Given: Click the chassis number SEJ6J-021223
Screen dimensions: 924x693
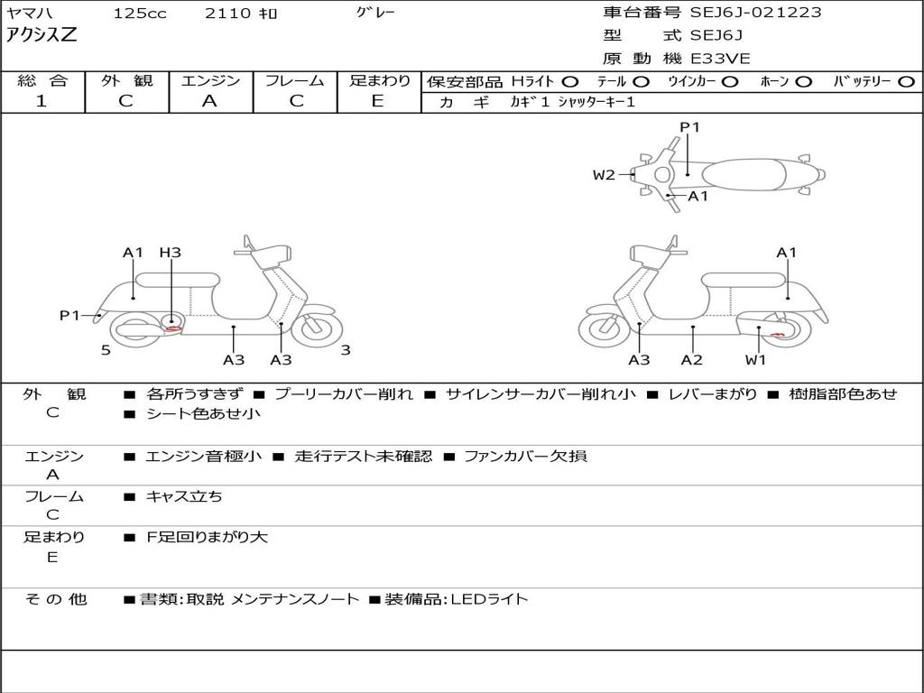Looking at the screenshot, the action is pos(756,13).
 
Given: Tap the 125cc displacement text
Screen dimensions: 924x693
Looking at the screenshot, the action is pos(139,14).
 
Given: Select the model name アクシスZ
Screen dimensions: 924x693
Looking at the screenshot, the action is pos(42,36).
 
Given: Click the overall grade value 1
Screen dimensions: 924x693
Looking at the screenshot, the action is pos(41,101).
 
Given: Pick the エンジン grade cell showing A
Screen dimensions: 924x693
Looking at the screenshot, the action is pos(209,101).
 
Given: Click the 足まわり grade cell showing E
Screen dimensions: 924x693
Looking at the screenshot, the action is pos(378,101).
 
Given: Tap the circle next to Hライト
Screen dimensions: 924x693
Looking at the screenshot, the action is pos(570,81).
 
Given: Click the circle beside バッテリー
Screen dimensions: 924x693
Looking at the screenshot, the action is pos(906,81).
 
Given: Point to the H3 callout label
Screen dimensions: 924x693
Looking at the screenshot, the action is pos(170,253).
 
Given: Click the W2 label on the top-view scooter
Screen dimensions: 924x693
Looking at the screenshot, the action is pos(604,175).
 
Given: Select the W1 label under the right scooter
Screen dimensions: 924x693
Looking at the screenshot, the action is pos(755,360).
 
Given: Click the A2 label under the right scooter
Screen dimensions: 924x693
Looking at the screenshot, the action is pos(692,360).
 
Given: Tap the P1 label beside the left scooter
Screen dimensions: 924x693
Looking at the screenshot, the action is pos(70,315).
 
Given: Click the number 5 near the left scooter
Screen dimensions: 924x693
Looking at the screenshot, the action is pos(106,350).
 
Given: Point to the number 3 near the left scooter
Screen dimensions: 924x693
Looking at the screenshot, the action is pos(346,350).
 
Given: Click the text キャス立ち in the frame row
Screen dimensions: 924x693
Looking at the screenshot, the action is pos(184,496).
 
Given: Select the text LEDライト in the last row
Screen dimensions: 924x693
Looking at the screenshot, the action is pos(489,598).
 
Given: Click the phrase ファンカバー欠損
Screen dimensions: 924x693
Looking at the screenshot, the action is pos(525,456).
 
